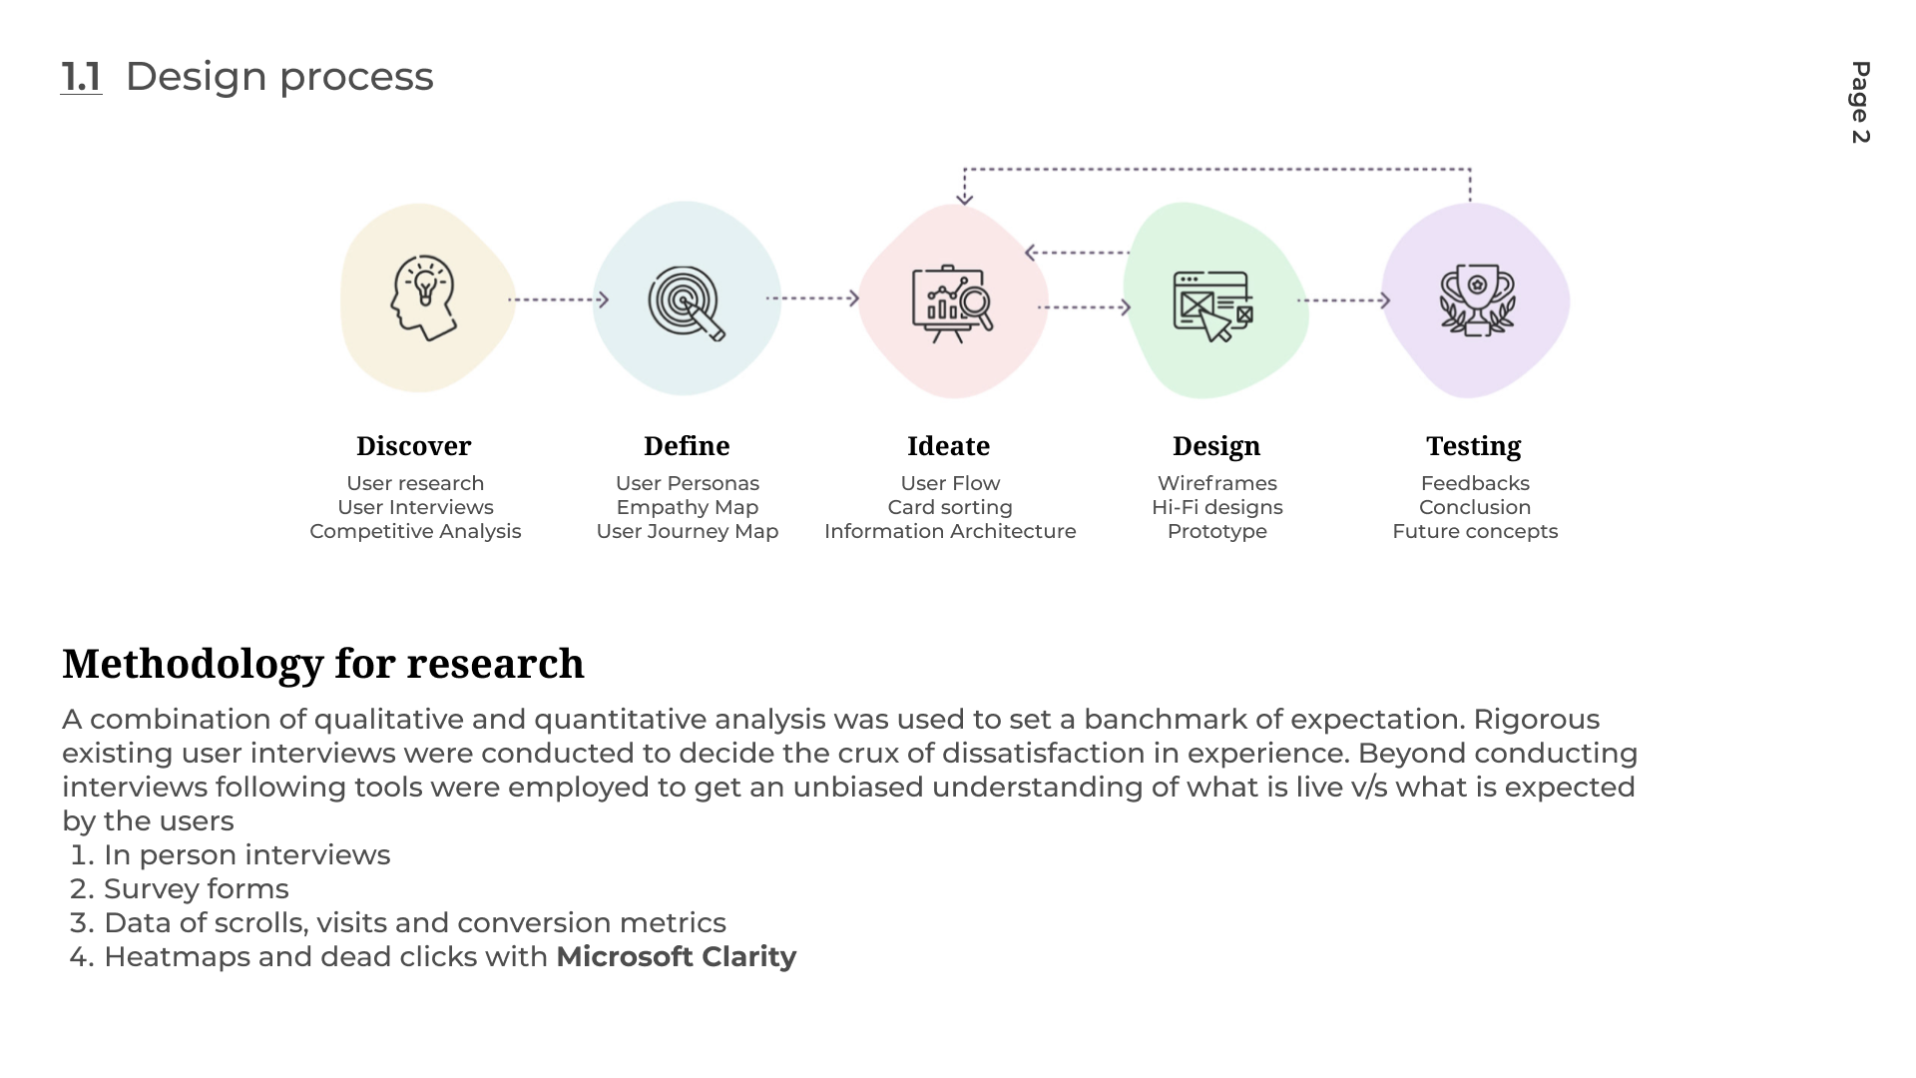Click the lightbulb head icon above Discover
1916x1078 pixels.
[x=424, y=297]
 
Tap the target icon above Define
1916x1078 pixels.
[x=686, y=302]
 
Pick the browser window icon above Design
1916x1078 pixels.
[x=1212, y=305]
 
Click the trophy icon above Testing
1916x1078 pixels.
[x=1477, y=299]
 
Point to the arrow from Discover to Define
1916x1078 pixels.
[x=558, y=299]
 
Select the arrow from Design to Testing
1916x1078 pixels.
[x=1343, y=300]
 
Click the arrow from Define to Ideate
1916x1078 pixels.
[x=812, y=298]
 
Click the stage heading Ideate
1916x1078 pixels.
[x=948, y=446]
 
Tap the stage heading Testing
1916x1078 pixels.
[x=1473, y=446]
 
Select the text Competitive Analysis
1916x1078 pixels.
[x=415, y=532]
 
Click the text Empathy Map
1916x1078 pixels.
[x=687, y=508]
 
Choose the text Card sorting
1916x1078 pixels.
[x=950, y=508]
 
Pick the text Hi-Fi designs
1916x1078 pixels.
[x=1216, y=508]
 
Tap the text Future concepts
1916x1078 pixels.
[x=1475, y=532]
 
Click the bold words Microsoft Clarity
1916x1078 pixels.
[x=676, y=957]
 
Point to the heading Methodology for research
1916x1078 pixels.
[x=322, y=664]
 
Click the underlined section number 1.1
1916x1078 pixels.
[x=81, y=77]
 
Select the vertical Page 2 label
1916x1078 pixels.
[x=1860, y=103]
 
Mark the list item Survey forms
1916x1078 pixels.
[x=196, y=889]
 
